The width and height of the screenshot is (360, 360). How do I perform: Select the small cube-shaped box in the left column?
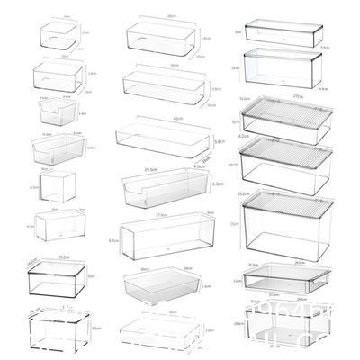coord(57,186)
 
